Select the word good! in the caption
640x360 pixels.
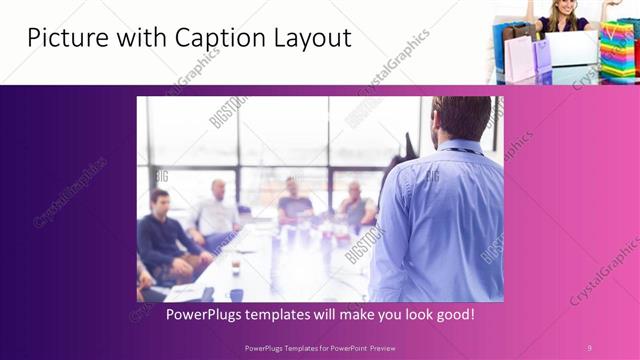(454, 314)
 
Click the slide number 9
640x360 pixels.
(589, 347)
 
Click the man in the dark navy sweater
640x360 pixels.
(164, 240)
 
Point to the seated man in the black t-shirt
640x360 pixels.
(294, 204)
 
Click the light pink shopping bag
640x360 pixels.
(519, 60)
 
